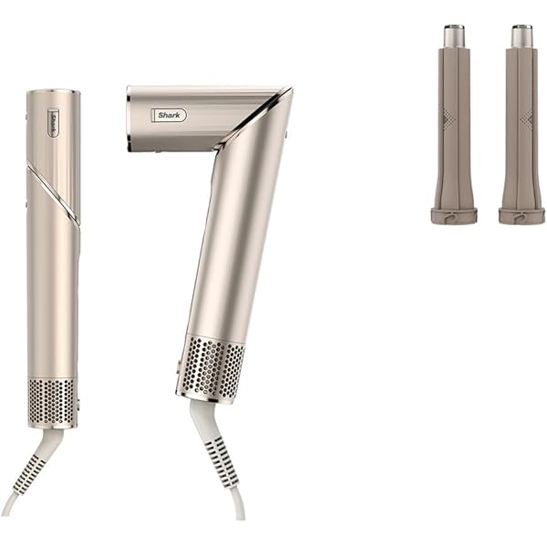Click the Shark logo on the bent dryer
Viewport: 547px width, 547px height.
[168, 115]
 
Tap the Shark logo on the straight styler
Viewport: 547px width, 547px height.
[53, 124]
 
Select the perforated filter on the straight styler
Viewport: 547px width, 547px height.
[52, 402]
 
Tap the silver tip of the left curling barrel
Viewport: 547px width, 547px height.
[454, 36]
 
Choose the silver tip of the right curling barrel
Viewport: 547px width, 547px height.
[521, 36]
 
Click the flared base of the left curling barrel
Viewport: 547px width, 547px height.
[454, 215]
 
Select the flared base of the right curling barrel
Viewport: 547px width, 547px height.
[521, 215]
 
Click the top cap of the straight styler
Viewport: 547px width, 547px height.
[53, 93]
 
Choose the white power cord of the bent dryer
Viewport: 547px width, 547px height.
[235, 506]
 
